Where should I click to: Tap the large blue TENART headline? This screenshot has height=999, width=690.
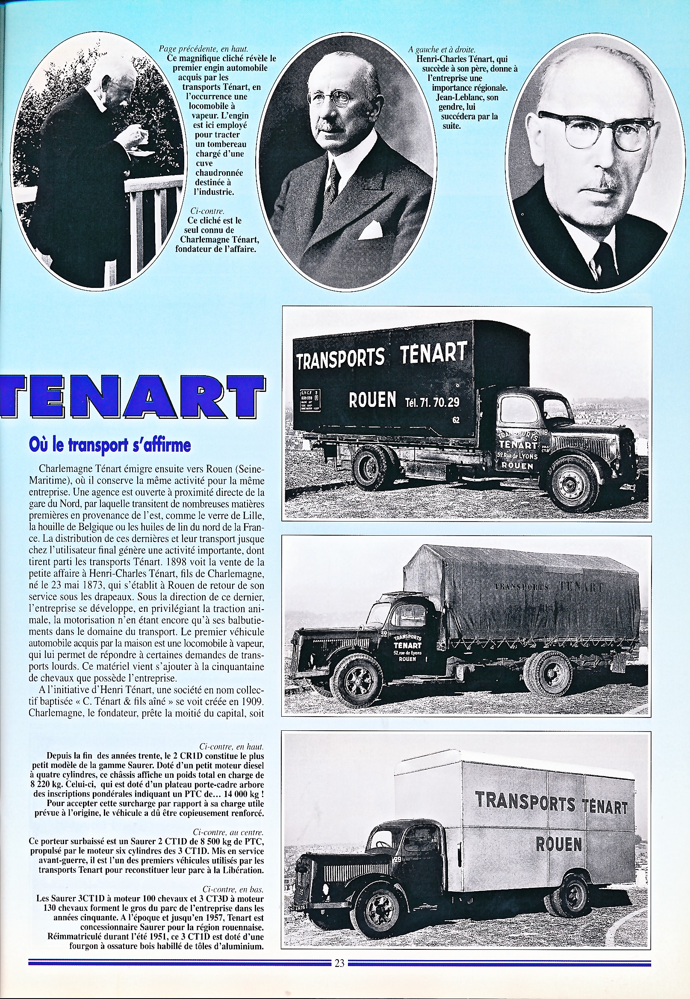pos(132,396)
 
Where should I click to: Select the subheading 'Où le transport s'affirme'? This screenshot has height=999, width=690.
pos(109,445)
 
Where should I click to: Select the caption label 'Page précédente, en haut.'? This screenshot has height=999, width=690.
pos(203,49)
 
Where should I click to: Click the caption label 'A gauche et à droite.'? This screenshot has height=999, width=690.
pos(442,50)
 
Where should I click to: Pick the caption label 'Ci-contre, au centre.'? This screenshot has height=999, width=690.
pos(228,832)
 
